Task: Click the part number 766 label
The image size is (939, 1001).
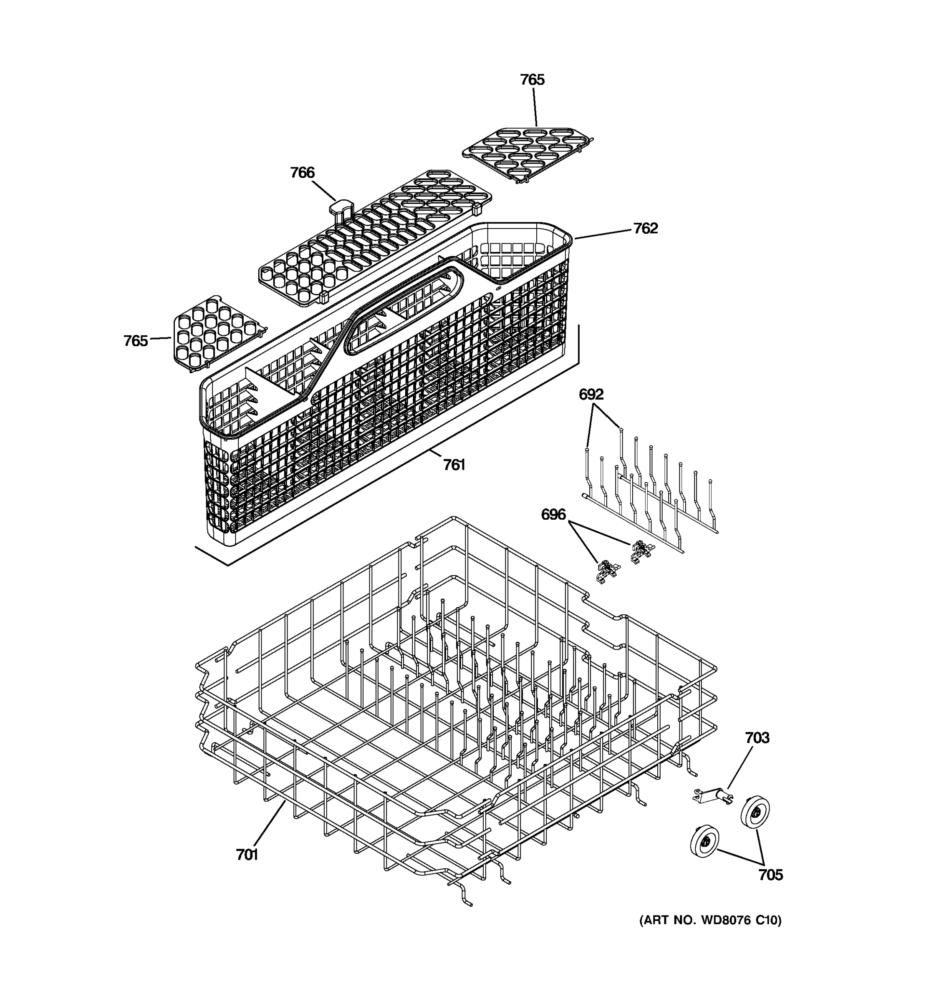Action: pyautogui.click(x=302, y=173)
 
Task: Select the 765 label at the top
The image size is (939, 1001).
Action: pyautogui.click(x=532, y=80)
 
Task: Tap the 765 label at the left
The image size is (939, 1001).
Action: pyautogui.click(x=136, y=341)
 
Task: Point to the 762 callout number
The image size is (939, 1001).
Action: pyautogui.click(x=645, y=228)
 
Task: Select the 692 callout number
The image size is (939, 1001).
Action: pyautogui.click(x=591, y=394)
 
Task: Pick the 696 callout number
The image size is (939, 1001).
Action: pyautogui.click(x=553, y=515)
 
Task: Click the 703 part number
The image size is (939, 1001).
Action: pyautogui.click(x=757, y=738)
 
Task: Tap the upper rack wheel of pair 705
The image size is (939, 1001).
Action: pyautogui.click(x=755, y=811)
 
